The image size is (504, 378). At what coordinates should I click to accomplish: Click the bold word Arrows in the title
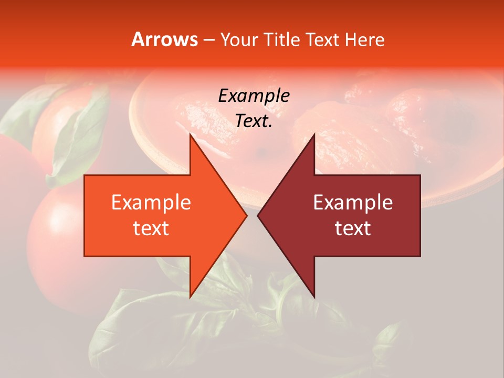[x=164, y=39]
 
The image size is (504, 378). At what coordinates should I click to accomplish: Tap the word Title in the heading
[x=282, y=40]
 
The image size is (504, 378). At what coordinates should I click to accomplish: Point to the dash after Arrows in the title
[x=208, y=40]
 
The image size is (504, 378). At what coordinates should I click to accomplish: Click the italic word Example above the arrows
[x=254, y=96]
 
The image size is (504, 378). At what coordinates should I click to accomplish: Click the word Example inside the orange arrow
[x=151, y=203]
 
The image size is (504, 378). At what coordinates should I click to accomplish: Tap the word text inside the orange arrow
[x=151, y=228]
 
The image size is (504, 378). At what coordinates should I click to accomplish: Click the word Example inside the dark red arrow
[x=353, y=203]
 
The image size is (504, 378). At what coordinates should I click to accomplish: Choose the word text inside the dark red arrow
[x=353, y=228]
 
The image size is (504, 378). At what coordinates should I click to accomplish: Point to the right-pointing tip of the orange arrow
[x=247, y=216]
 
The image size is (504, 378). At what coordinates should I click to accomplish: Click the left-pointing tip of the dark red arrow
[x=258, y=216]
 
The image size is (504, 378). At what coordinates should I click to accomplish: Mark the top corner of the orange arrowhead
[x=191, y=134]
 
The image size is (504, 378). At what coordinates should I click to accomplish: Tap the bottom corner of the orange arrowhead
[x=191, y=297]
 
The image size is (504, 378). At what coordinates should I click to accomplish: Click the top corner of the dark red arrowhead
[x=314, y=134]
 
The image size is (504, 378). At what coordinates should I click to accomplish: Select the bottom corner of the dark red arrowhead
[x=314, y=297]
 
